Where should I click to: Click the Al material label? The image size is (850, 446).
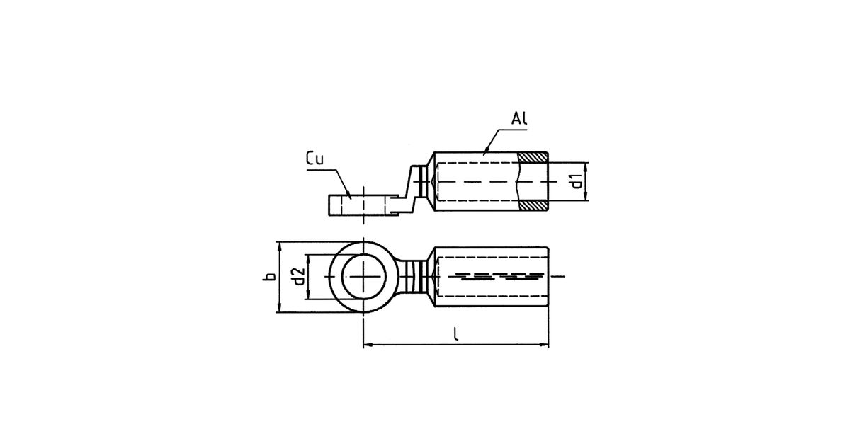[x=519, y=118]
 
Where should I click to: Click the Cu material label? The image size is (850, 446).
[x=314, y=158]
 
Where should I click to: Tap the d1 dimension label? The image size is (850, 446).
[x=577, y=181]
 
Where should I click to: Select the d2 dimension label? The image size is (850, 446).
[x=299, y=276]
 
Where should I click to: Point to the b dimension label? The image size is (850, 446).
[x=269, y=276]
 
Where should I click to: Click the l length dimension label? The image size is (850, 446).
[x=455, y=334]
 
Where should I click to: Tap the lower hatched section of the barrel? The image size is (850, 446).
[x=533, y=205]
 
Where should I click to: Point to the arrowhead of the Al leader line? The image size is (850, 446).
[x=484, y=152]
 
